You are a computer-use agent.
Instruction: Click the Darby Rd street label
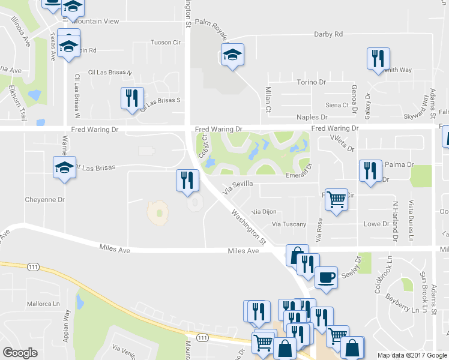tap(328, 34)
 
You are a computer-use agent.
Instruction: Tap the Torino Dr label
tap(311, 82)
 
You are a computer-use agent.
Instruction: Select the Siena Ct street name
tap(337, 105)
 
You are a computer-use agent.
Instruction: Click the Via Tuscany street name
tap(289, 224)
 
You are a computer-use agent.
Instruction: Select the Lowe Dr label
tap(377, 224)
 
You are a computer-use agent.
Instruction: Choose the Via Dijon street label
tap(264, 212)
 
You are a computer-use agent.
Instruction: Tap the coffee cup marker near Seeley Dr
tap(326, 278)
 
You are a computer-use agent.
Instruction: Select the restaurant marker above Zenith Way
tap(378, 58)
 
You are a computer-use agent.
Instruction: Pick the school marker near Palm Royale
tap(232, 55)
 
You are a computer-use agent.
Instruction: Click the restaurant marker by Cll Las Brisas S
tap(131, 98)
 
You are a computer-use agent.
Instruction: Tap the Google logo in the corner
tap(20, 353)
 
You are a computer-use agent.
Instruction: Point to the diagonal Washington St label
tap(248, 226)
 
